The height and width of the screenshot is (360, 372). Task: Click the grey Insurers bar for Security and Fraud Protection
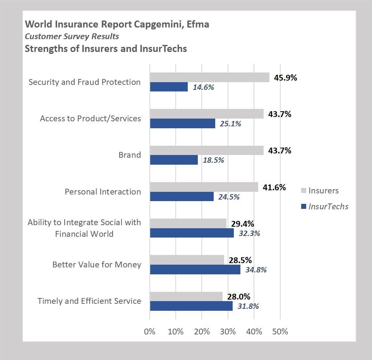coord(209,78)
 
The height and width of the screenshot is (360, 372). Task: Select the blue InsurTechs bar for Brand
coord(173,160)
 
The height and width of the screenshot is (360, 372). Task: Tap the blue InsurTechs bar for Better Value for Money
coord(195,270)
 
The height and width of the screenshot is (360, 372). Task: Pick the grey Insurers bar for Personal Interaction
coord(204,187)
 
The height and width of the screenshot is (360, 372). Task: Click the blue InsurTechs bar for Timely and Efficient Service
coord(191,306)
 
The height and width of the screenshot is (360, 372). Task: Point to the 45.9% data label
coord(285,78)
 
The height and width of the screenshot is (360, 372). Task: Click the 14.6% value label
coord(203,87)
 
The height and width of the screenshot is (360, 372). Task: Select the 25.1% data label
coord(230,124)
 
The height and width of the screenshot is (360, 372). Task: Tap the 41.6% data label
coord(274,188)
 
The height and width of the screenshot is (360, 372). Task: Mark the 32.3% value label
coord(249,234)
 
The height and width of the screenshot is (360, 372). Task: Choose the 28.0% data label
coord(239,297)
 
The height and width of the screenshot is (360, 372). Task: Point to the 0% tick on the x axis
coord(150,332)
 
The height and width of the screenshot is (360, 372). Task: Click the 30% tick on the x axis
coord(228,332)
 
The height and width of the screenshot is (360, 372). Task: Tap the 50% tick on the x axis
coord(280,332)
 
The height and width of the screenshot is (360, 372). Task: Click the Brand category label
coord(130,155)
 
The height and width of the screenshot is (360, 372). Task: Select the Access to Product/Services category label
coord(91,119)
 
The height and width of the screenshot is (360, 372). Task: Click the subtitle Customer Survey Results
coord(72,36)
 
